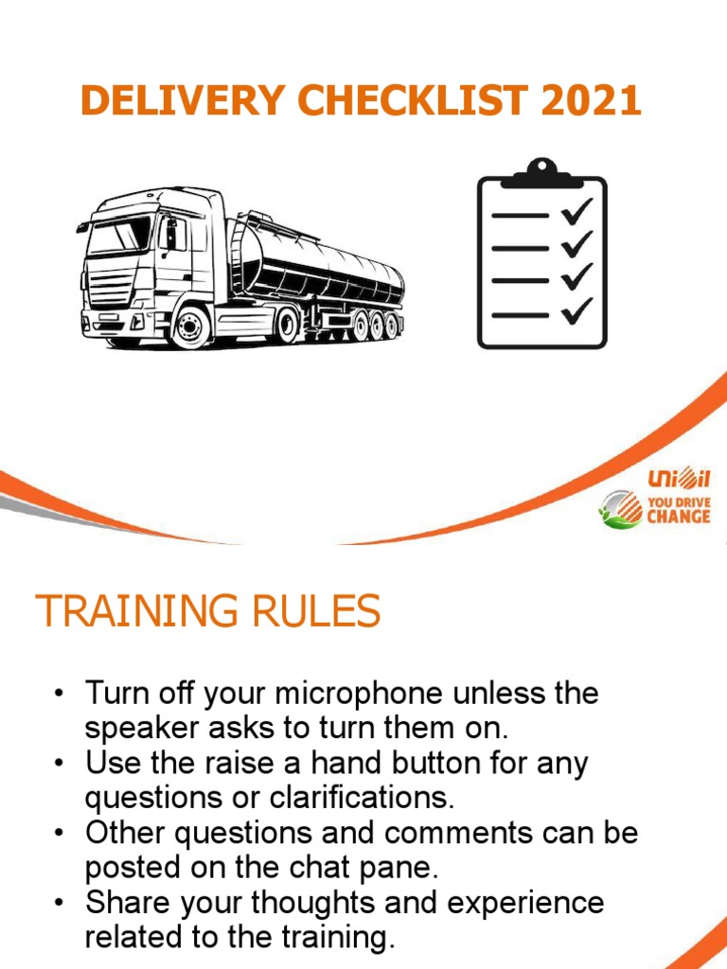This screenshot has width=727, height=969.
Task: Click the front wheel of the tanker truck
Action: click(191, 326)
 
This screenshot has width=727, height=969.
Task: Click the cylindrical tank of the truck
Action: click(322, 259)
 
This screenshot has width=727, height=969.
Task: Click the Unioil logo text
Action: click(677, 481)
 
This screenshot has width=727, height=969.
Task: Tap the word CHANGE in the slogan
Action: click(678, 518)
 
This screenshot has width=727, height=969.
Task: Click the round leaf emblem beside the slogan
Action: click(620, 509)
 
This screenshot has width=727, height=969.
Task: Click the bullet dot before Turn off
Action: click(59, 695)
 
